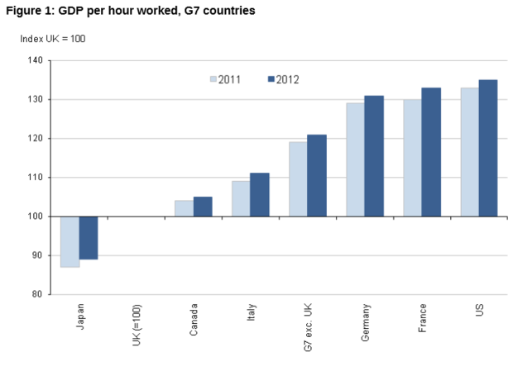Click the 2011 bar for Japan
70,241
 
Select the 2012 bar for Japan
89,237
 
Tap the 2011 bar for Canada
184,208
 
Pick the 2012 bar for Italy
260,195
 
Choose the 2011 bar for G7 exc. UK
298,179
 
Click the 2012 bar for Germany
374,156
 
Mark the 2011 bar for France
412,158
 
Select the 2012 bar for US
488,148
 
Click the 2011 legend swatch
213,79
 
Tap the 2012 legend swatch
270,79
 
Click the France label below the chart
423,317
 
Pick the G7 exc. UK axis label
309,325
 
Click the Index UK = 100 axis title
53,38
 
